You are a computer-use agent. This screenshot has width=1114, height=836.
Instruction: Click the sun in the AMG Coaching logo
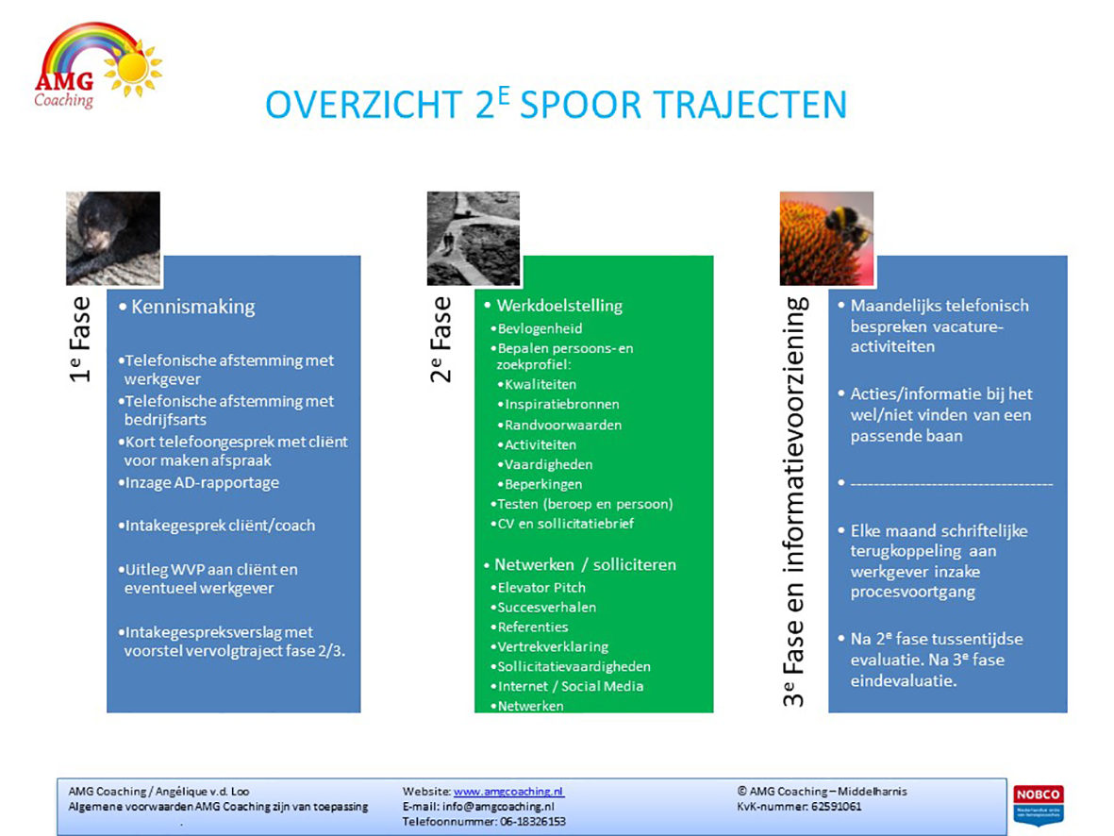point(133,68)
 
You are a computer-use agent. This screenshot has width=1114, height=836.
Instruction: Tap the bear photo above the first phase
point(113,238)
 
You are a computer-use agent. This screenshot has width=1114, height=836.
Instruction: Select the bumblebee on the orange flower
point(848,226)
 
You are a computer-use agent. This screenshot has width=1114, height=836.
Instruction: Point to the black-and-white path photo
point(474,238)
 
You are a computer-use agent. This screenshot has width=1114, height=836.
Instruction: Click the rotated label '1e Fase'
point(80,340)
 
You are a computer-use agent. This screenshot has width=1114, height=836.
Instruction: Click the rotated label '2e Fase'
point(441,340)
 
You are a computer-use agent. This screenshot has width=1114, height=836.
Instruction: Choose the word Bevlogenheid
point(540,328)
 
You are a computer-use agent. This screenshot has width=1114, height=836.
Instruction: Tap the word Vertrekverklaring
point(553,647)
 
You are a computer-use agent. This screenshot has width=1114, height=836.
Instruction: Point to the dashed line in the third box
point(952,484)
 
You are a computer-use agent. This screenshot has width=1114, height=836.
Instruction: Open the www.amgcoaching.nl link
point(508,792)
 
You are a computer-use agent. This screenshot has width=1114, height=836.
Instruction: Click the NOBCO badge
point(1038,803)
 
